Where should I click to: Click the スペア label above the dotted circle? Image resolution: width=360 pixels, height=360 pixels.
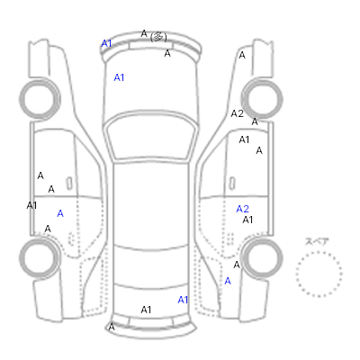[x=317, y=241]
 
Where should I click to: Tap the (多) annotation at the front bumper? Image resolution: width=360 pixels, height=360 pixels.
[x=158, y=37]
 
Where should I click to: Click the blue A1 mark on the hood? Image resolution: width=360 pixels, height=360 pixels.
[x=119, y=77]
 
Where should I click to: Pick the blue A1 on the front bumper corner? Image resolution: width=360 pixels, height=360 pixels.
[x=106, y=43]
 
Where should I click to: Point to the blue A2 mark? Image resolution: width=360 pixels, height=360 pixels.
[x=242, y=209]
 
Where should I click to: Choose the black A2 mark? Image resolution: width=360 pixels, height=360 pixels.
[x=237, y=113]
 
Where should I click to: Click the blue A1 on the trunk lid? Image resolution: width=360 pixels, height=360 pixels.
[x=183, y=300]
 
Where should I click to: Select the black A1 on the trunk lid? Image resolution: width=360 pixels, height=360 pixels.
[x=146, y=310]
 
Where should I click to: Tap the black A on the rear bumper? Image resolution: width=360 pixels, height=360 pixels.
[x=112, y=327]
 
